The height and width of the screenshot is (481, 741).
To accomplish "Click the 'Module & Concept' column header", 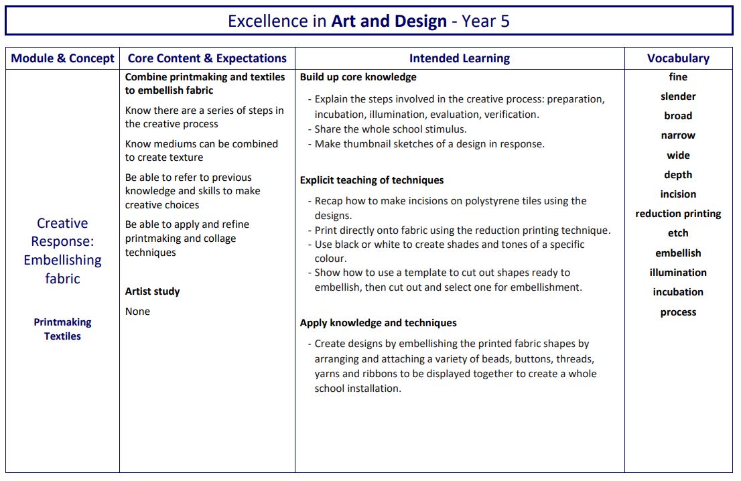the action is (x=63, y=58).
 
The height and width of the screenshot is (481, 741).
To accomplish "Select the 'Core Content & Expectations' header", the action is (x=207, y=58).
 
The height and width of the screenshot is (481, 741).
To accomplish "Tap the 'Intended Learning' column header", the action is (x=460, y=58).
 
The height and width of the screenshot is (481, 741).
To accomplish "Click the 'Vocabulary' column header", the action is (x=678, y=58).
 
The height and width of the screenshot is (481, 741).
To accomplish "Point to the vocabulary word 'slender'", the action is (x=678, y=96).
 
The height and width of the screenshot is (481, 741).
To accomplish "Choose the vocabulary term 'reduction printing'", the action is (x=678, y=214).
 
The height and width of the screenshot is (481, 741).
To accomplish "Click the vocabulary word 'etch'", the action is (x=678, y=233).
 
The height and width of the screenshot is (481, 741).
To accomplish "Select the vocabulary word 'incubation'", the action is (x=678, y=292).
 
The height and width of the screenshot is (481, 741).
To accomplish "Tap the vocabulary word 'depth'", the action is (x=678, y=175).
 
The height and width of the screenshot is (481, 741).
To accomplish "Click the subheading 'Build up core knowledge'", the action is (x=358, y=77).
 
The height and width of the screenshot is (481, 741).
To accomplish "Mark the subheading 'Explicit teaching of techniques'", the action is (x=372, y=180).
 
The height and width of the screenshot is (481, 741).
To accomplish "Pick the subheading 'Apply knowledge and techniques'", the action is (x=379, y=323).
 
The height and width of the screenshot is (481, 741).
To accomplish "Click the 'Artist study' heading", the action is (x=153, y=291).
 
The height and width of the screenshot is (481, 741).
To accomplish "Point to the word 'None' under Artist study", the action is (x=138, y=312).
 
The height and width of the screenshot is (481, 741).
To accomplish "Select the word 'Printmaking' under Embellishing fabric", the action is (x=63, y=322).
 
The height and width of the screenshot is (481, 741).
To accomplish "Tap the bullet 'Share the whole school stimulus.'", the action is (x=391, y=129).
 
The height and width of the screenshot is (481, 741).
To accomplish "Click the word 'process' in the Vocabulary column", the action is (x=678, y=312).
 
